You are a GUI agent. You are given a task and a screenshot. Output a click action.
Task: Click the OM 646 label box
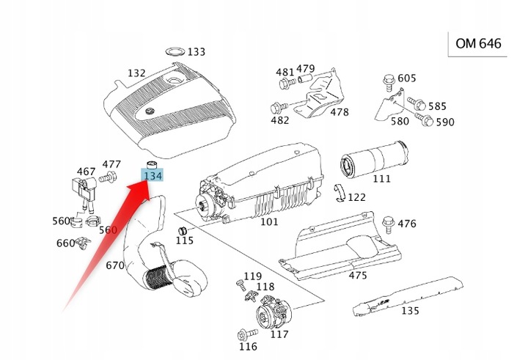pos(478,44)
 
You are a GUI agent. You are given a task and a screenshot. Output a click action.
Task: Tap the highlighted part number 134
pos(153,176)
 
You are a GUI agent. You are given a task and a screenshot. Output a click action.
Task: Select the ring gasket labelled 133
pos(174,51)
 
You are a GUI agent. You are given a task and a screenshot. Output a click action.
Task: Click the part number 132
pos(136,73)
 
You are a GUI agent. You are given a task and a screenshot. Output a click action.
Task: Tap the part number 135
pos(410,311)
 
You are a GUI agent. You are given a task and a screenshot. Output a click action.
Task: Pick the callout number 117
pos(279,334)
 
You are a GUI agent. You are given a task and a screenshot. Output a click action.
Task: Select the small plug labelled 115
pos(177,233)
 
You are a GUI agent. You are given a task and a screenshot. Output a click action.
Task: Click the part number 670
pos(115,265)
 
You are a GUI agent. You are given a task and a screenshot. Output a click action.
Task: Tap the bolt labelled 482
pos(278,107)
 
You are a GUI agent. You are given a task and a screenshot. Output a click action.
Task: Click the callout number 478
pos(339,113)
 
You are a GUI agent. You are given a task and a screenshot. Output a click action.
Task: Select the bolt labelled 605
pos(388,80)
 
